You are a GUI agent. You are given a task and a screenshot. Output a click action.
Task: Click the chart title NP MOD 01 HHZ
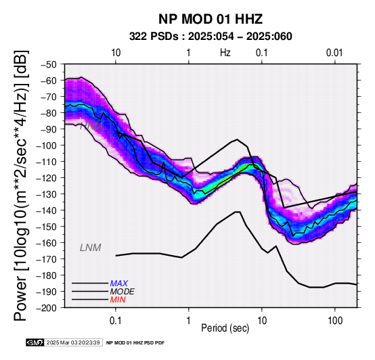(x=211, y=19)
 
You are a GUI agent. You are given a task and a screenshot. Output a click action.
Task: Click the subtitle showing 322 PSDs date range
(x=211, y=37)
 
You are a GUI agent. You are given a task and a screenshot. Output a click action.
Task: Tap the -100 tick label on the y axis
(x=49, y=145)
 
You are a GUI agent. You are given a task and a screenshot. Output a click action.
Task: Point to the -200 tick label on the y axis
(x=49, y=308)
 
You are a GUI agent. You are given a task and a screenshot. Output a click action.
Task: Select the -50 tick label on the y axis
(x=52, y=64)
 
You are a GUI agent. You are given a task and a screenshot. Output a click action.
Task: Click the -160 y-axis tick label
(x=49, y=243)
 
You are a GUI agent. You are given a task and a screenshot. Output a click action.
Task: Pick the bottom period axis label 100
(x=335, y=321)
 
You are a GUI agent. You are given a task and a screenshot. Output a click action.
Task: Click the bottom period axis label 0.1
(x=116, y=321)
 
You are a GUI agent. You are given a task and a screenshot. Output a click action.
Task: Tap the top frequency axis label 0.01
(x=334, y=53)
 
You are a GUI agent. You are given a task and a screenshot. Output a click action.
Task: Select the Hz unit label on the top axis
(x=225, y=53)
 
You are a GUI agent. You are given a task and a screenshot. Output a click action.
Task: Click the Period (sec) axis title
(x=225, y=328)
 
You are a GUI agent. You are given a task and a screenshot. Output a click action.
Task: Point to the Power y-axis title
(x=20, y=185)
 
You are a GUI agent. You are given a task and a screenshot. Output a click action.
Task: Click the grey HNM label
(x=91, y=126)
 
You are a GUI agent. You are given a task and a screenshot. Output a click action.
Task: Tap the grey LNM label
(x=91, y=248)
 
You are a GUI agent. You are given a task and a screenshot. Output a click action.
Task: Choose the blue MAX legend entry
(x=119, y=284)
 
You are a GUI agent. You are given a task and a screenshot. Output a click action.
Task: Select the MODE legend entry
(x=123, y=292)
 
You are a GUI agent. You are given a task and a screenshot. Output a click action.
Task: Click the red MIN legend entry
(x=118, y=300)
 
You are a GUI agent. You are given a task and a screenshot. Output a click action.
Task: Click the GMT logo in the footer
(x=35, y=342)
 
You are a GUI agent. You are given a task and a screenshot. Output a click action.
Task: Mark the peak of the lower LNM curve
(x=238, y=212)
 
